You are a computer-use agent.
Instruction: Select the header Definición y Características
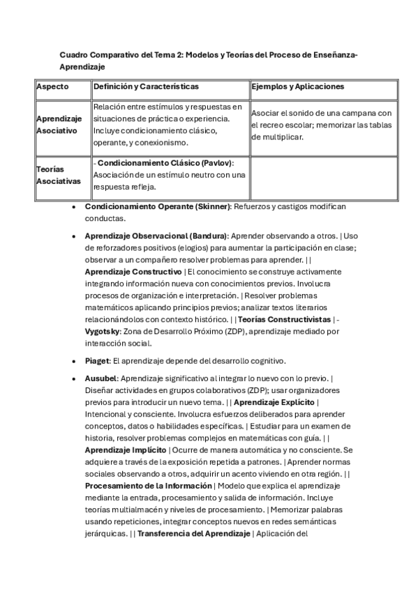(x=146, y=86)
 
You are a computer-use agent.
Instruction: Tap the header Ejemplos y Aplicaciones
(x=298, y=86)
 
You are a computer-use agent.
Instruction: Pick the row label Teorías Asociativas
(x=54, y=175)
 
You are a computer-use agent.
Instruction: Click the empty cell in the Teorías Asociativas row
(x=323, y=178)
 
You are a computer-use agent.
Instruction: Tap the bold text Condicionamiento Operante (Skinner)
(x=157, y=207)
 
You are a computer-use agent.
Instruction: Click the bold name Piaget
(x=97, y=361)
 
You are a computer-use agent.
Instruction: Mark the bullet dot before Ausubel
(x=75, y=378)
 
